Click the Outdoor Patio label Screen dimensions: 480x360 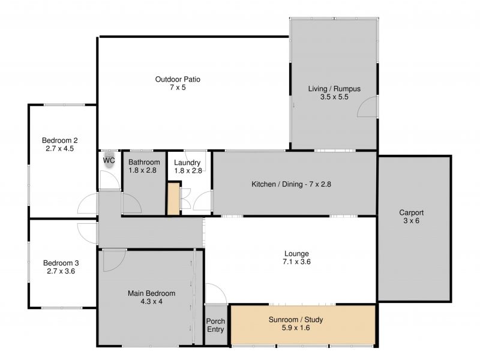click(178, 79)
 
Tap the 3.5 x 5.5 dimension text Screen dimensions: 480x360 click(334, 97)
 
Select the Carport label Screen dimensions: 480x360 click(411, 212)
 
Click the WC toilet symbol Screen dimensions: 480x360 click(109, 160)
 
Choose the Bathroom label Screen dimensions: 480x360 click(144, 162)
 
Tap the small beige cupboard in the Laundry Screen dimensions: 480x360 click(173, 199)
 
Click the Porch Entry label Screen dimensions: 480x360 click(215, 325)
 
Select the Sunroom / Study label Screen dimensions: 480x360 click(296, 320)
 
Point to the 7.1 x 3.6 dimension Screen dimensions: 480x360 click(296, 262)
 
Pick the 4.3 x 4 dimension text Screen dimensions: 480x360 click(152, 302)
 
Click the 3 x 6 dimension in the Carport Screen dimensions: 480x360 click(411, 221)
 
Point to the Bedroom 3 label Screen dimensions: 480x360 click(61, 263)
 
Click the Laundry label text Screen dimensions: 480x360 click(187, 163)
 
